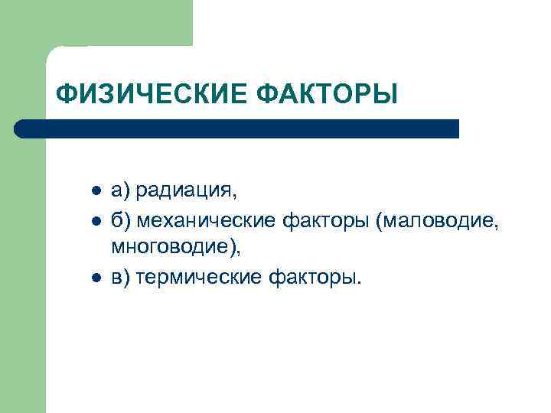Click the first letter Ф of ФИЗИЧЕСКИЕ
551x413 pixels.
tap(65, 95)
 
